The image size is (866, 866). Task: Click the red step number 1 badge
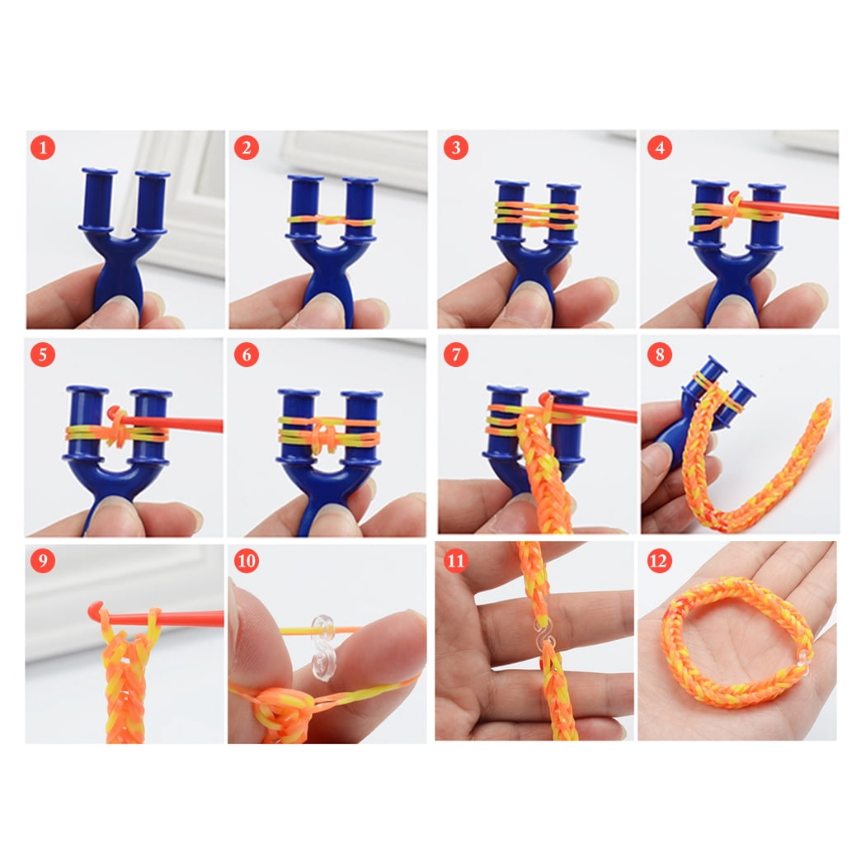click(43, 148)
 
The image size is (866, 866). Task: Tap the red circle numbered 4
click(659, 148)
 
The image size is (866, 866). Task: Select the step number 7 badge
click(455, 355)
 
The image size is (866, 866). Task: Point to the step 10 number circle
click(247, 562)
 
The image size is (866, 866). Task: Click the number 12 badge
click(659, 562)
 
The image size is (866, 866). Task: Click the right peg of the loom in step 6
click(361, 425)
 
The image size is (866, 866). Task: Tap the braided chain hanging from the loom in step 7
click(544, 478)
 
